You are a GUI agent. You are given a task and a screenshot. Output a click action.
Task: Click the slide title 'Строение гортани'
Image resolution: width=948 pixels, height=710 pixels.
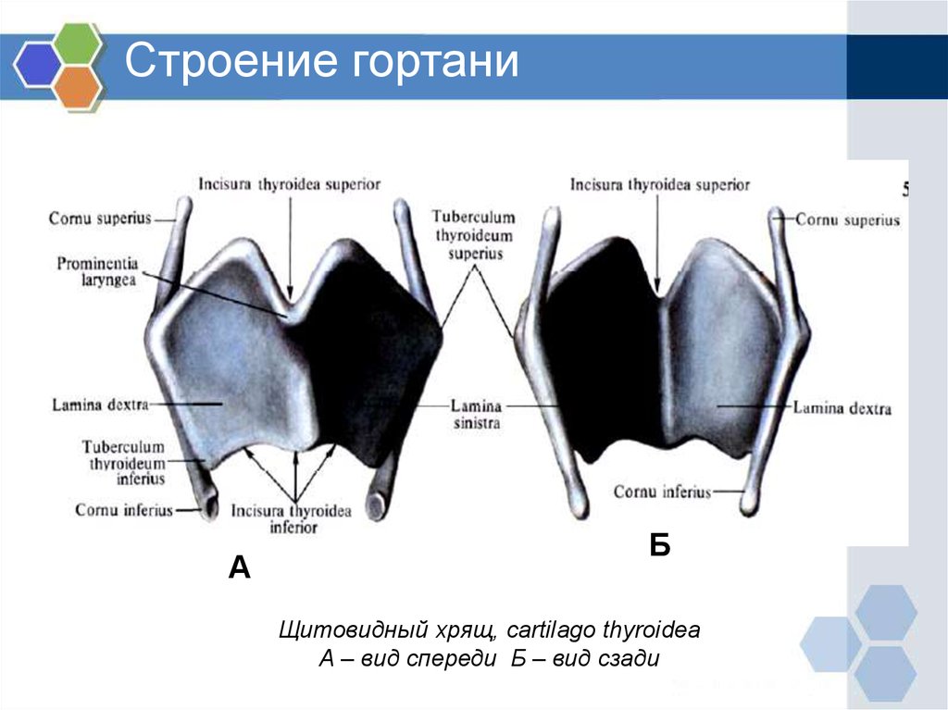(321, 60)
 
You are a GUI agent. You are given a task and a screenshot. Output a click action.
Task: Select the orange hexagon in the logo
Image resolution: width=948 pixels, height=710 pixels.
(77, 86)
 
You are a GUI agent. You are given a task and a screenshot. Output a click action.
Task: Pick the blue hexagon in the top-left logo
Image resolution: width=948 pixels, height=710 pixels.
(37, 65)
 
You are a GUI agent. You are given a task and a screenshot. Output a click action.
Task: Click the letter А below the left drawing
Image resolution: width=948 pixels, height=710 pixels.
(240, 567)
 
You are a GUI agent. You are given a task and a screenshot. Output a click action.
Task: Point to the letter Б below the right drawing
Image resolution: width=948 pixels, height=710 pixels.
(660, 545)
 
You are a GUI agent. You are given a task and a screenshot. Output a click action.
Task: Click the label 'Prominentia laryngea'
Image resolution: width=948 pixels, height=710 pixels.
(98, 271)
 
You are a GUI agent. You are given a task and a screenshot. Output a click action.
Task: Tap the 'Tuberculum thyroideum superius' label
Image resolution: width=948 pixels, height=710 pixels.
(473, 235)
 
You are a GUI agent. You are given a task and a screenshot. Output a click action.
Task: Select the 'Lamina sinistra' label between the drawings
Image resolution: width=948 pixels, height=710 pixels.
(477, 415)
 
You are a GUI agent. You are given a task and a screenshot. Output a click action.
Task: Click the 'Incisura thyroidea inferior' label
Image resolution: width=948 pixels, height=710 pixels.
(292, 519)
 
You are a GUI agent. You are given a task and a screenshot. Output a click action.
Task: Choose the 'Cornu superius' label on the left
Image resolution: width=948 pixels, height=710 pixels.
(100, 218)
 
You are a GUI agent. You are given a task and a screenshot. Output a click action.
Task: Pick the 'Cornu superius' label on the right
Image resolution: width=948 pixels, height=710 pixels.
(848, 219)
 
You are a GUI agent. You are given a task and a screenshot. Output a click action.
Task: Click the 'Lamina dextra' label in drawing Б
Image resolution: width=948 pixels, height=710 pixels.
(842, 408)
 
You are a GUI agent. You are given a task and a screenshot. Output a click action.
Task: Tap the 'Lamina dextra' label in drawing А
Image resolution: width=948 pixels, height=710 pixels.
(100, 405)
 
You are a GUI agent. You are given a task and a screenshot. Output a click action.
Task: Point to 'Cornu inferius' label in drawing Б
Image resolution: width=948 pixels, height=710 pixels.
(662, 492)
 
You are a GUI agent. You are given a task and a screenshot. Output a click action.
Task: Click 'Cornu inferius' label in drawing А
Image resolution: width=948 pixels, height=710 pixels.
(124, 510)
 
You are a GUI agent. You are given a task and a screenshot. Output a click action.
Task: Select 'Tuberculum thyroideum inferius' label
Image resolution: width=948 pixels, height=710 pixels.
(124, 463)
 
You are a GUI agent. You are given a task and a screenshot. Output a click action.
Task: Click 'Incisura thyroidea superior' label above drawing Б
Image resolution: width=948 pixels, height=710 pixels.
(659, 184)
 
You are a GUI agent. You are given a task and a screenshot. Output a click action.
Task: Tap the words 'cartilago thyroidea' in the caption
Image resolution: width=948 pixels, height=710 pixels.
(604, 630)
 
